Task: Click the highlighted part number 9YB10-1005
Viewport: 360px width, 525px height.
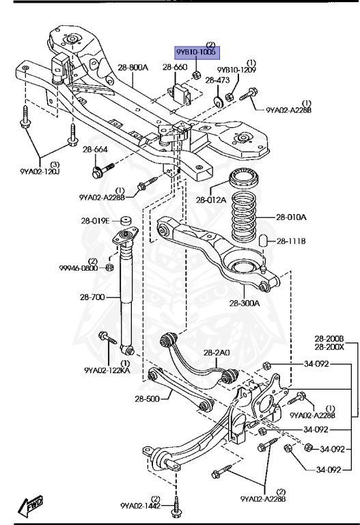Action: click(x=196, y=52)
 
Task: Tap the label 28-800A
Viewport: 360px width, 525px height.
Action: click(x=133, y=68)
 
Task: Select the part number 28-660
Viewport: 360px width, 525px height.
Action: click(x=175, y=67)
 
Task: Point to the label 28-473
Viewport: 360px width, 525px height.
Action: click(x=217, y=80)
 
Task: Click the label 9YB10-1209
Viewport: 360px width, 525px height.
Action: click(x=236, y=70)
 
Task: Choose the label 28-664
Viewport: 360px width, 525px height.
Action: click(x=96, y=149)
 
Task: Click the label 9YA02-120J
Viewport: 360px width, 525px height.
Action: click(x=40, y=172)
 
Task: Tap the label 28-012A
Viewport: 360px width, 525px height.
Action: click(x=211, y=200)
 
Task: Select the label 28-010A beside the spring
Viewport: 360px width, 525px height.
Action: click(x=291, y=217)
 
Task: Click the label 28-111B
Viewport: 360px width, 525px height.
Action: click(x=291, y=241)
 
